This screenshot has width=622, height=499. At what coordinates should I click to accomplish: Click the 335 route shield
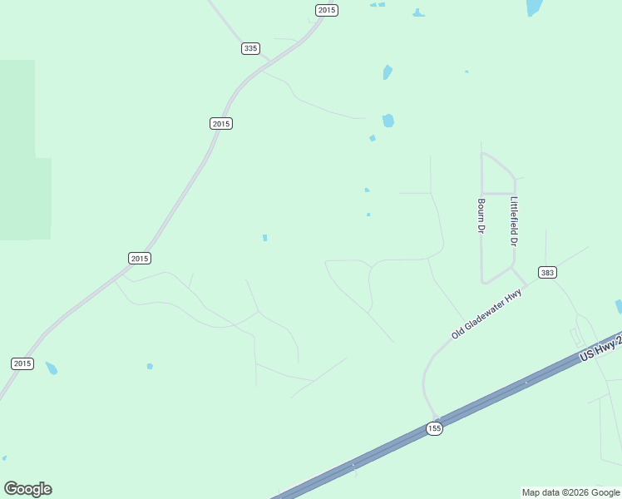point(250,48)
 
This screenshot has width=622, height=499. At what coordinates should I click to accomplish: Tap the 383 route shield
point(546,273)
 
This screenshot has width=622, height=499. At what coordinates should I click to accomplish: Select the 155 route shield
point(433,428)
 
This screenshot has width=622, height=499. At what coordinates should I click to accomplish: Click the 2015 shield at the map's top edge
point(327,10)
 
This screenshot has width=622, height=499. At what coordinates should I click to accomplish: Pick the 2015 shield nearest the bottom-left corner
point(22,363)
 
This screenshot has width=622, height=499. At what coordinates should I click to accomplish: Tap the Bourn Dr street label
point(481,215)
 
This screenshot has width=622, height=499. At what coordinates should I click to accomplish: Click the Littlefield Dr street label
point(514,221)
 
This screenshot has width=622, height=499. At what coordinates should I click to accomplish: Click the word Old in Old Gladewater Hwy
point(457,333)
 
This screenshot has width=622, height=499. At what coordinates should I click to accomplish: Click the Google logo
point(27,489)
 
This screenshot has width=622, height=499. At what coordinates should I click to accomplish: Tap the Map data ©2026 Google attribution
point(570,492)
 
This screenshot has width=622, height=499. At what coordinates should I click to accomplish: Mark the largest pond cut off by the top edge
point(534,7)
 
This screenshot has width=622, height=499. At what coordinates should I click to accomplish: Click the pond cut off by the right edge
point(618,307)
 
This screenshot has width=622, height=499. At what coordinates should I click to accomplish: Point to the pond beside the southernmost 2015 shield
point(52,368)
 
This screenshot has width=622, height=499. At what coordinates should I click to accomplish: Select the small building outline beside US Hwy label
point(575,337)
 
